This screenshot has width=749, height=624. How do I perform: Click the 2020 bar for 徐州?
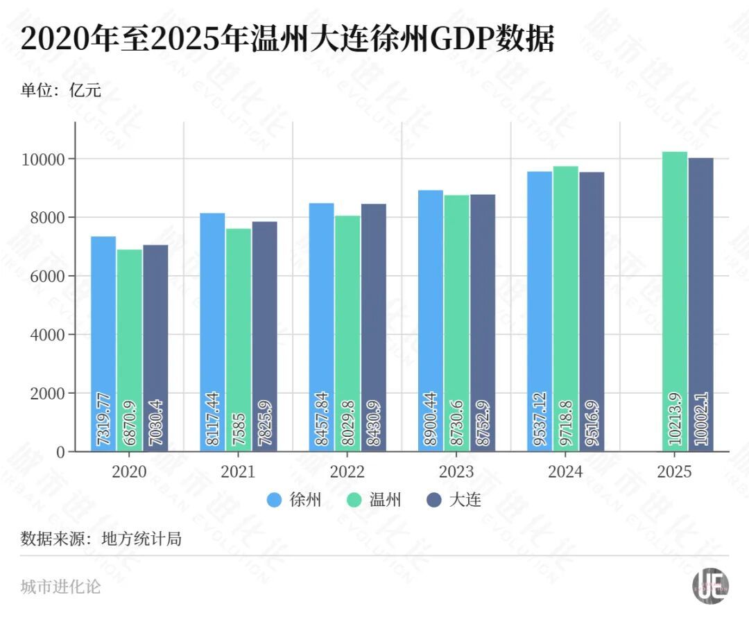coord(103,343)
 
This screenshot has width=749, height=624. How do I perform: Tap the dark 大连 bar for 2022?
coord(373,327)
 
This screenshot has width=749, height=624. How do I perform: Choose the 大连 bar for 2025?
coord(700,304)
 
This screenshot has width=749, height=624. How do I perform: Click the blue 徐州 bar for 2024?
coord(540,311)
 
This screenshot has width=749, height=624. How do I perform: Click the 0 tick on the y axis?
coord(61,452)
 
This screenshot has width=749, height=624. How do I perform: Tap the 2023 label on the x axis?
coord(456,472)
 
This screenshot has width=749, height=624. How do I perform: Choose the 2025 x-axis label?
coord(674,472)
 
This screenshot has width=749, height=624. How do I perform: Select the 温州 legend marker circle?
coord(356,500)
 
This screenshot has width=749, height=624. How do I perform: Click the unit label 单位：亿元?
coord(61,90)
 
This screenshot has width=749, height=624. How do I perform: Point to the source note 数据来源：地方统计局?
coord(101,538)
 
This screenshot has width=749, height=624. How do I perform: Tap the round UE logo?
coord(709,587)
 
